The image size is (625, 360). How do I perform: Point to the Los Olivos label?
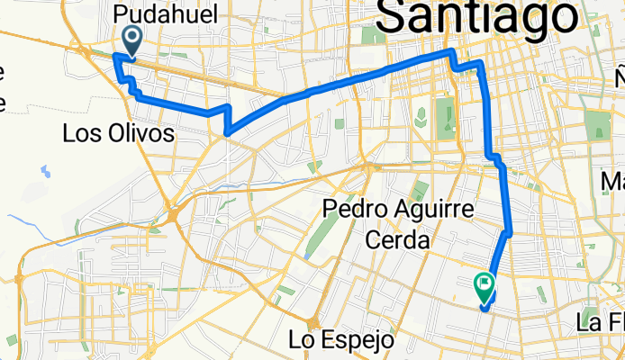click(118, 134)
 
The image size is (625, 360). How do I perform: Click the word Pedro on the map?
click(359, 211)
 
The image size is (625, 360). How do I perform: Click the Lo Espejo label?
click(342, 340)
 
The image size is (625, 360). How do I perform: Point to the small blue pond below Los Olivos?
click(43, 170)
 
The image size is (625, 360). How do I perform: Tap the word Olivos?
click(143, 134)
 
